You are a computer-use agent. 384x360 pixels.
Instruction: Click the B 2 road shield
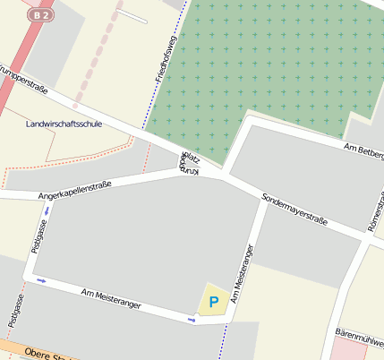(40, 16)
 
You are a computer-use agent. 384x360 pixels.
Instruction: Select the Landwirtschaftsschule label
(64, 124)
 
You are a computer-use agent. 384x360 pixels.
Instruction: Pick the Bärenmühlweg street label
(358, 332)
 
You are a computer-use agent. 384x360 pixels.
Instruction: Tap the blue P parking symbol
(213, 303)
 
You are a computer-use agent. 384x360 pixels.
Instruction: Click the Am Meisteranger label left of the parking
(111, 299)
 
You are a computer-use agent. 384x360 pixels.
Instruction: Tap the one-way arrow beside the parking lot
(191, 318)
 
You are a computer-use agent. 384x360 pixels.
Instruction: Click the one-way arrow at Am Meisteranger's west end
(40, 280)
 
